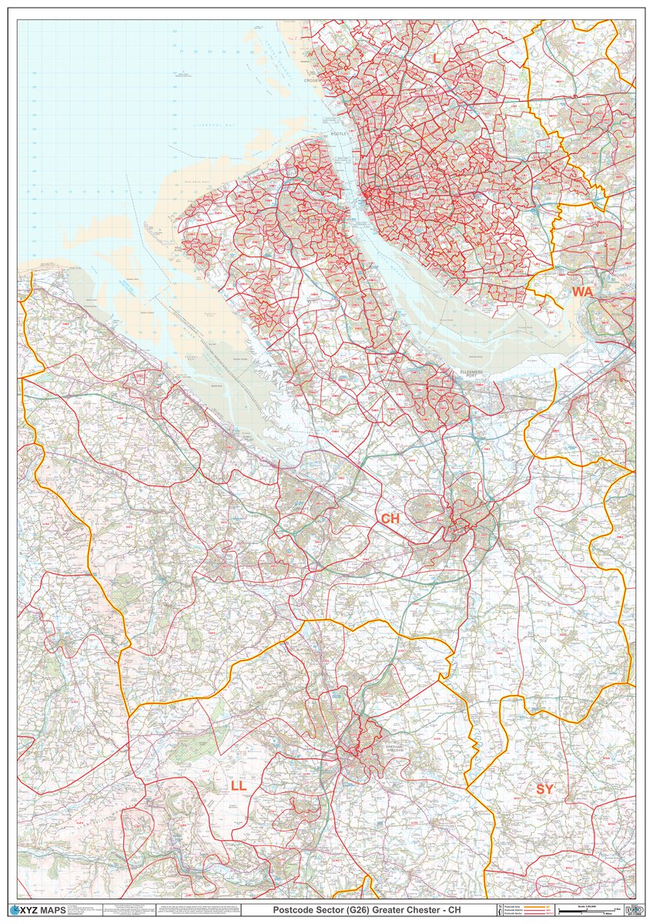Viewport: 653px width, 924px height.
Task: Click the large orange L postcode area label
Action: coord(436,59)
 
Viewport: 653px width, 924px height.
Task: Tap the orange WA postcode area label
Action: coord(582,291)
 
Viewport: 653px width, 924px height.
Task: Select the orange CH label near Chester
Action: coord(390,519)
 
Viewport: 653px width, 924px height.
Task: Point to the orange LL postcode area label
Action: coord(239,785)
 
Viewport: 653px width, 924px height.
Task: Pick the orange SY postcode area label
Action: coord(544,789)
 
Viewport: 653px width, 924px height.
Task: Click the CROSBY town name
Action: coord(316,80)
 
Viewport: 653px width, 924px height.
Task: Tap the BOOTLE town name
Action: coord(340,134)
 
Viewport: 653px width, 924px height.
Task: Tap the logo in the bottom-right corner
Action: coord(635,910)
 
